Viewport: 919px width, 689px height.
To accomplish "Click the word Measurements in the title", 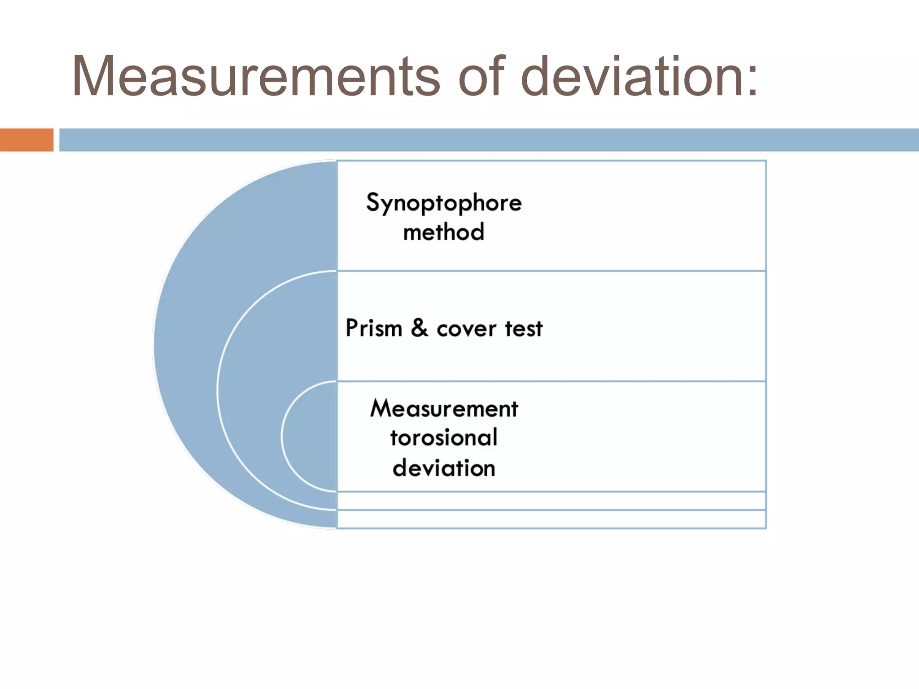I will (x=256, y=76).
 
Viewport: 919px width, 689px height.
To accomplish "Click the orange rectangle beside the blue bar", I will (x=26, y=140).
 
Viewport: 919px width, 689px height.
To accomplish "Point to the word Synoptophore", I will (x=444, y=203).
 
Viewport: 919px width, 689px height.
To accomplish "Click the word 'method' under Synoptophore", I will (x=444, y=232).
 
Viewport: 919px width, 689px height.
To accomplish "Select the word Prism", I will (x=374, y=328).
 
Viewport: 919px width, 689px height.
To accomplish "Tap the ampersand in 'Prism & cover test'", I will (x=419, y=328).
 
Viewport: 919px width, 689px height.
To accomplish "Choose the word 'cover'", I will (x=467, y=329).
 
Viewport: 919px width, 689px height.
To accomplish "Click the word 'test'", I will (x=524, y=329).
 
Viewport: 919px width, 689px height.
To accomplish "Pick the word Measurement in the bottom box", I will (x=444, y=409).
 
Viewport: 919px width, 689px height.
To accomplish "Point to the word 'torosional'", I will (x=444, y=438).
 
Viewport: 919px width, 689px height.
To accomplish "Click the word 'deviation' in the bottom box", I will (x=444, y=468).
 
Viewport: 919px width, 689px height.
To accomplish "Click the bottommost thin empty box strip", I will (x=551, y=519).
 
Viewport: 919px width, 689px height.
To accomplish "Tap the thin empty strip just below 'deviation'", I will (x=551, y=501).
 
